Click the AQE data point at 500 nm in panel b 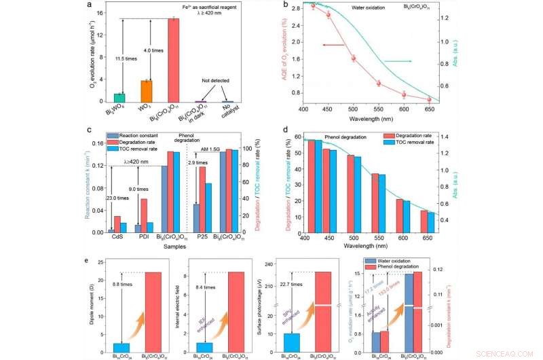354,58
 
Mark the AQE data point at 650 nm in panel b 429,100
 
